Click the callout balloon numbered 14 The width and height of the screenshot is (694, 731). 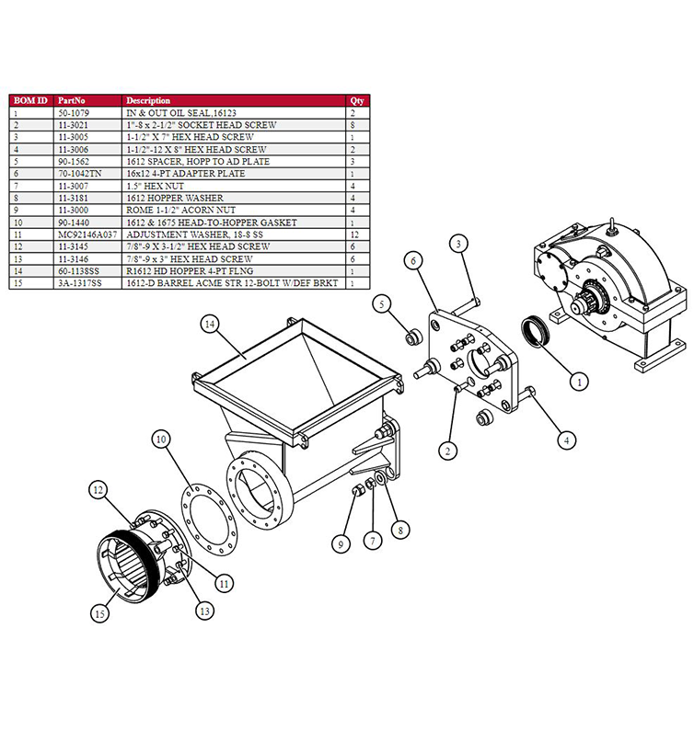[211, 324]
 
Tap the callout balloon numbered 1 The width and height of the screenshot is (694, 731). [579, 377]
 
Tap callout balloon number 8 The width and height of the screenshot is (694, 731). [398, 529]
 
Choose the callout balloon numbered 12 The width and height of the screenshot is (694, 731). [98, 491]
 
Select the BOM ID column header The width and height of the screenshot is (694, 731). [29, 99]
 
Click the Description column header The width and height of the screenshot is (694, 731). [148, 99]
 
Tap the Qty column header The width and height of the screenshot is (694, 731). [357, 99]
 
